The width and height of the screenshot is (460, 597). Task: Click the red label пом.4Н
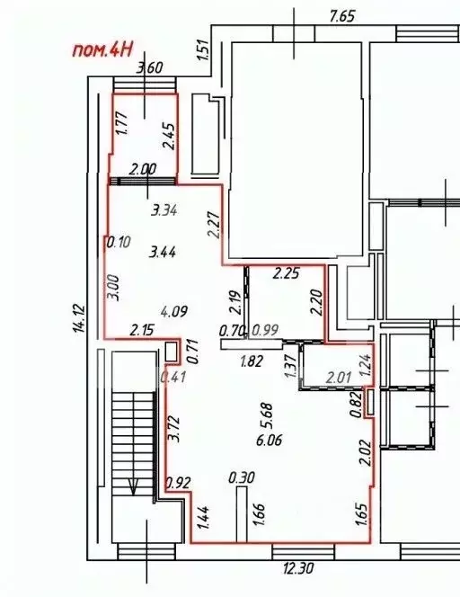pos(102,50)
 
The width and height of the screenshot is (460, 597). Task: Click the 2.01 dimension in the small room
pos(337,376)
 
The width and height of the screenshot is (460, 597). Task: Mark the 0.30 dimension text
pos(239,477)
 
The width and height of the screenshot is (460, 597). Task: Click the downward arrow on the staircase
pos(134,488)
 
